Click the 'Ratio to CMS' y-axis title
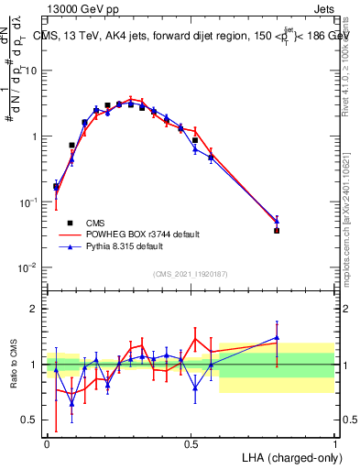pos(14,364)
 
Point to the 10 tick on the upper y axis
pos(33,71)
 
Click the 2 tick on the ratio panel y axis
pos(35,309)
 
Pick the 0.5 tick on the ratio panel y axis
pos(31,420)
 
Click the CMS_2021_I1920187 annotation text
pos(191,275)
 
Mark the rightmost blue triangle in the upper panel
pos(277,221)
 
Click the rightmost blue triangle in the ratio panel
pos(277,338)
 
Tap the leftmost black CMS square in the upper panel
pos(56,187)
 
